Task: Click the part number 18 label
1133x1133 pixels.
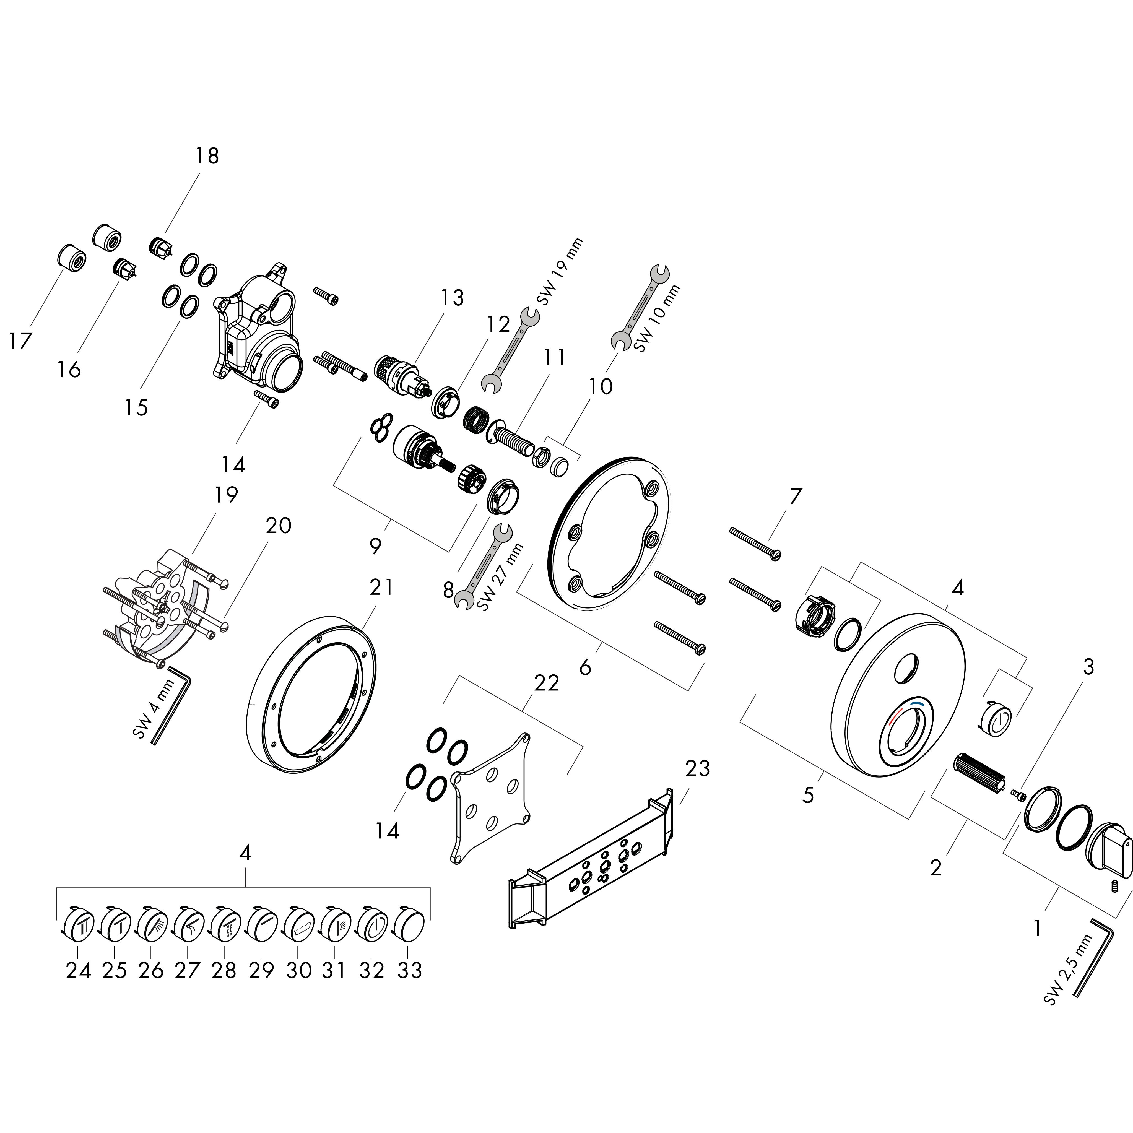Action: pyautogui.click(x=207, y=156)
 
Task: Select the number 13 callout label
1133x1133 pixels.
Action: pyautogui.click(x=452, y=298)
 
